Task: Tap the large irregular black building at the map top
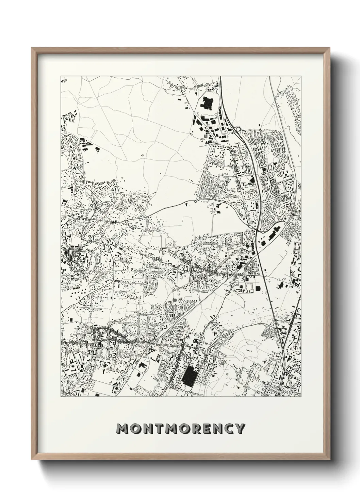pos(207,103)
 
